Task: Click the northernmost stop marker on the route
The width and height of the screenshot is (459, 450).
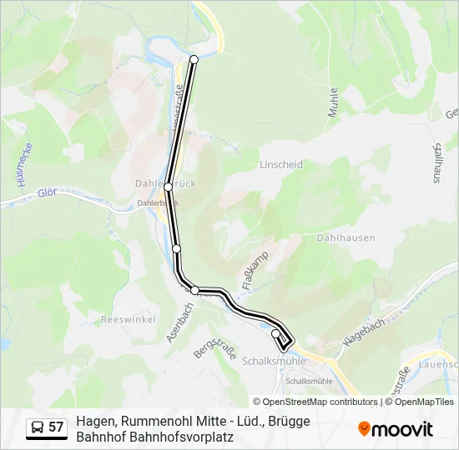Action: [194, 59]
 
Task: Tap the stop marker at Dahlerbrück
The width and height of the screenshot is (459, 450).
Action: [169, 187]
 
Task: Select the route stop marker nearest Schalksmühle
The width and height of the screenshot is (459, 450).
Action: [276, 333]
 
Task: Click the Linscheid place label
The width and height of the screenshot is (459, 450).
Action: [281, 165]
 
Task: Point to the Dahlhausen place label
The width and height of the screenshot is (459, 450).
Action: [346, 238]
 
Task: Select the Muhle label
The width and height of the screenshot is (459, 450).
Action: [333, 102]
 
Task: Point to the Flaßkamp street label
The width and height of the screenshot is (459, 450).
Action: [255, 270]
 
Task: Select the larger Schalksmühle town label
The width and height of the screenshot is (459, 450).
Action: [275, 362]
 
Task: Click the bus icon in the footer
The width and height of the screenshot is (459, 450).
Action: [38, 427]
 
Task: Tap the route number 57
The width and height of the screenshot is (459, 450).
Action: [56, 427]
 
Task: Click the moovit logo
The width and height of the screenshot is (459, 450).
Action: [396, 429]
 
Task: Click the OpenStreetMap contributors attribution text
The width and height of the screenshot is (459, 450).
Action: [320, 402]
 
